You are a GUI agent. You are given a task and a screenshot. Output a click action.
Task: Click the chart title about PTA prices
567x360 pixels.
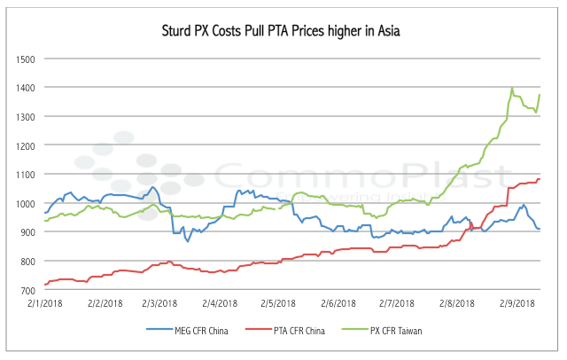coord(283,32)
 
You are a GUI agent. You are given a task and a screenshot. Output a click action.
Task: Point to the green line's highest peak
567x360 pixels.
coord(512,88)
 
